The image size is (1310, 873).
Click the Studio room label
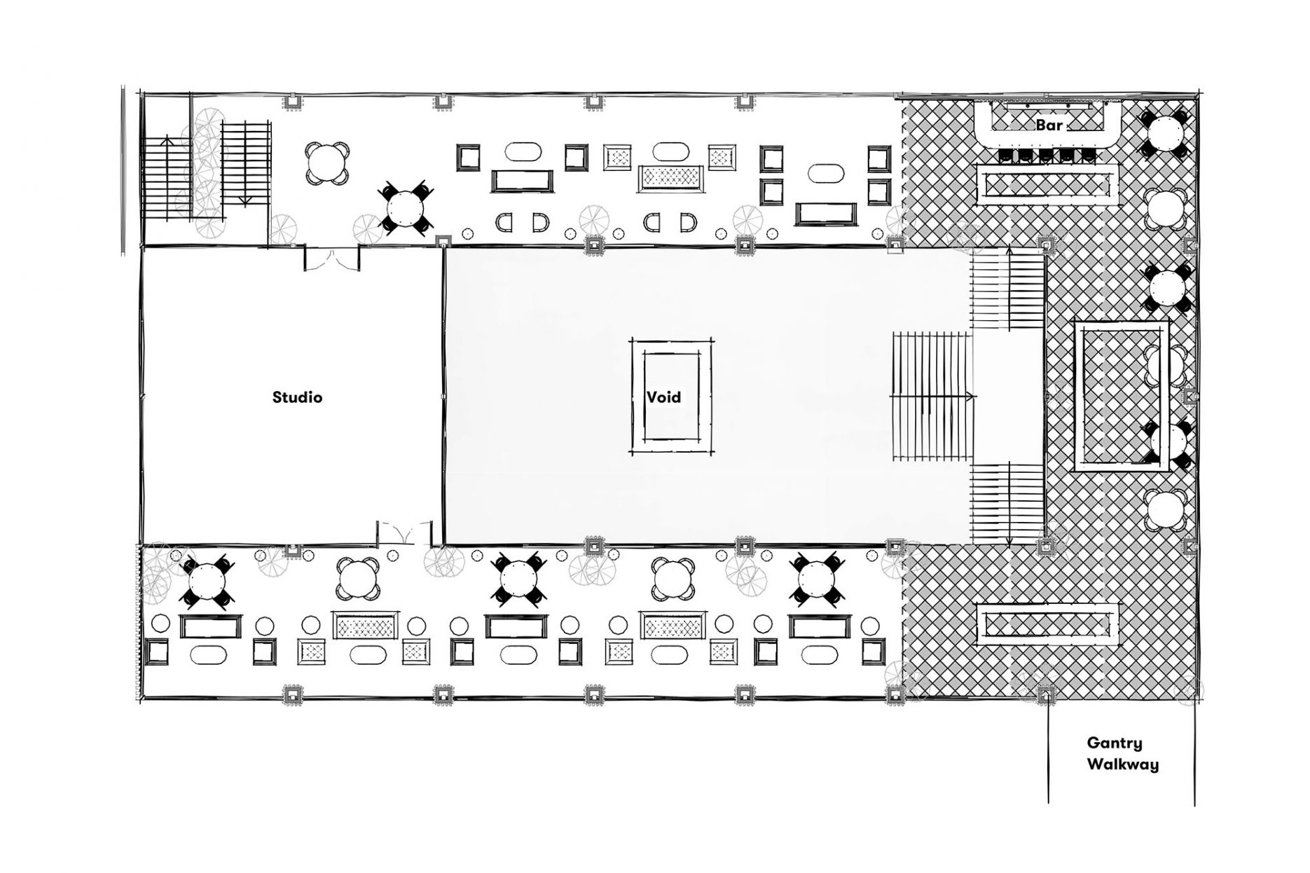pos(297,397)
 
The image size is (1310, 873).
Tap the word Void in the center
pos(663,397)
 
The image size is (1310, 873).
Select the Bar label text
pos(1048,125)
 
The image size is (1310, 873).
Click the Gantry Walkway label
pos(1122,753)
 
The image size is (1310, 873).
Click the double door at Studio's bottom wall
pos(404,534)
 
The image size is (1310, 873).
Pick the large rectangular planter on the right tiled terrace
pos(1121,397)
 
